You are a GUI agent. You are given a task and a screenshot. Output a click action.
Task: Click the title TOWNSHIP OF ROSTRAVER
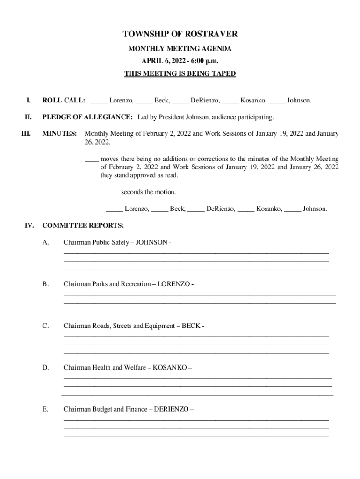[x=180, y=34]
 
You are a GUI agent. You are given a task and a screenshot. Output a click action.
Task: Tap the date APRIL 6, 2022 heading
[x=180, y=61]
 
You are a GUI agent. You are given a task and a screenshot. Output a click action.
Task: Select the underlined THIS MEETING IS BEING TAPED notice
[x=180, y=73]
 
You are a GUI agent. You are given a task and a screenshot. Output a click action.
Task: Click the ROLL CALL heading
[x=64, y=100]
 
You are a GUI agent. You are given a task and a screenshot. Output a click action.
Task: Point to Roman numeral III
[x=26, y=133]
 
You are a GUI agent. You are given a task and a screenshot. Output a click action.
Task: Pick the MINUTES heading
[x=60, y=133]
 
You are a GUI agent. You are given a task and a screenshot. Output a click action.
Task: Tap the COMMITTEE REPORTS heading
[x=83, y=225]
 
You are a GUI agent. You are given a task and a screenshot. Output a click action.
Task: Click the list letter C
[x=45, y=326]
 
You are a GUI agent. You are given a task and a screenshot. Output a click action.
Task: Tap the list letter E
[x=45, y=409]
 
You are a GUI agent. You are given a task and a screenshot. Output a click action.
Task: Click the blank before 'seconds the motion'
[x=113, y=192]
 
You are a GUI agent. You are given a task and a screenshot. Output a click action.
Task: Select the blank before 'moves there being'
[x=91, y=159]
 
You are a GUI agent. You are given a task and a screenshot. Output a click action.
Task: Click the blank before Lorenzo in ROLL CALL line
[x=99, y=101]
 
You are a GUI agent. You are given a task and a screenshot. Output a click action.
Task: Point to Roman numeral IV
[x=29, y=225]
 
